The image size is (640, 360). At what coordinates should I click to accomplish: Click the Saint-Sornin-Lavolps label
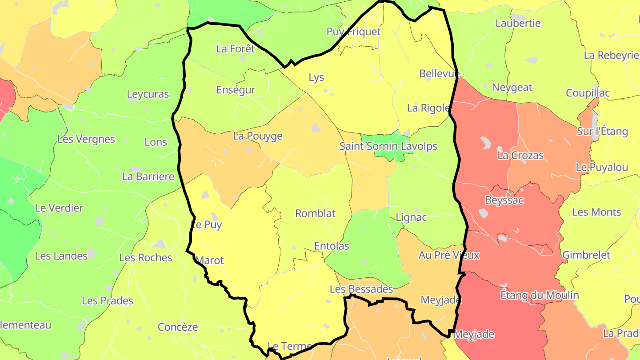pos(388,146)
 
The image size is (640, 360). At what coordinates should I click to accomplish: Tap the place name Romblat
pos(315,213)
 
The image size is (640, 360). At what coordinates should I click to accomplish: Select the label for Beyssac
pos(504,200)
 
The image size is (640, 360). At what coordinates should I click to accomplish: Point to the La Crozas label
pos(520,156)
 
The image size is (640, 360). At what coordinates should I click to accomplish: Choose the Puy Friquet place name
pos(353,32)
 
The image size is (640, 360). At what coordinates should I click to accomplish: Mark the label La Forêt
pos(236,49)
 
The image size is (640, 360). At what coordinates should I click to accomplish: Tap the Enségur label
pos(236,90)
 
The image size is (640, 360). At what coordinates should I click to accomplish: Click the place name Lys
pos(316,78)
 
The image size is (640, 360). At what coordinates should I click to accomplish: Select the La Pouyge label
pos(258,136)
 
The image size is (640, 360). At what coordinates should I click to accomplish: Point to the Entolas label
pos(332,246)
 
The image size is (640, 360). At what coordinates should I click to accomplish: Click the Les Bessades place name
pos(361,289)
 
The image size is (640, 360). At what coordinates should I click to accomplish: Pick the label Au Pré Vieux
pos(449,255)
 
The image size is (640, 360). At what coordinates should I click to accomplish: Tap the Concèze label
pos(178,327)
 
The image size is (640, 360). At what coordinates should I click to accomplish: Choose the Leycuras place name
pos(148,94)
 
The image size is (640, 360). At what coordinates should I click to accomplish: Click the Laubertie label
pos(518,24)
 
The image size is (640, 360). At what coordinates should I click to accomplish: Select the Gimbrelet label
pos(586,255)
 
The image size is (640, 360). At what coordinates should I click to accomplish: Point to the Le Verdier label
pos(59,208)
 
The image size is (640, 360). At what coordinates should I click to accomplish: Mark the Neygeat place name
pos(512,88)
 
